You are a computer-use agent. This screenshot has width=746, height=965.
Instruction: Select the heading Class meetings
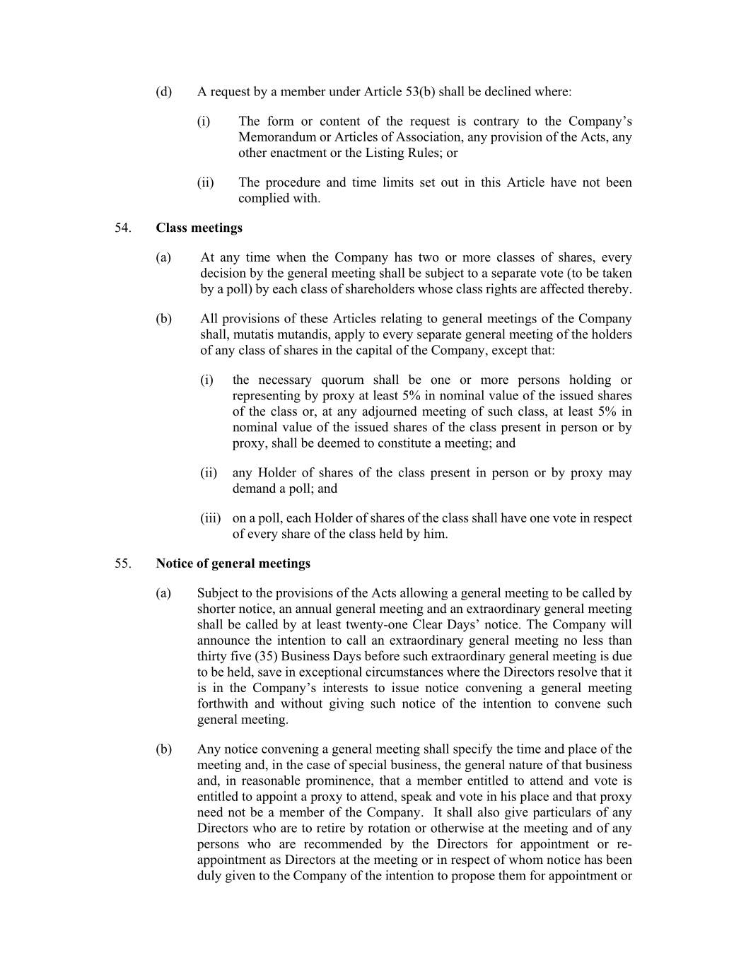(199, 228)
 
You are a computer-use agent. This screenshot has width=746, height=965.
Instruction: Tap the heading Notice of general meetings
(233, 563)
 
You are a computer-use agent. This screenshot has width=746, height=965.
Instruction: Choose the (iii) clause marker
(210, 518)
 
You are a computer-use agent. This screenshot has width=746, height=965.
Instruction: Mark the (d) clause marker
(163, 92)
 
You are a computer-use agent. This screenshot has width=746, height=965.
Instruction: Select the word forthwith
(223, 703)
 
